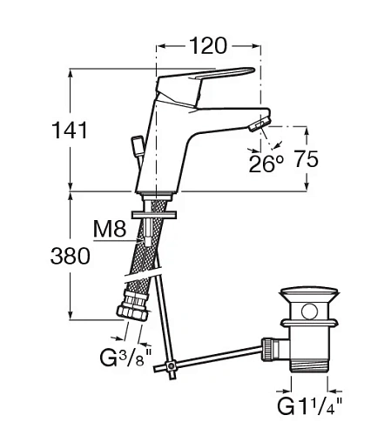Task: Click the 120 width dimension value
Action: (x=208, y=46)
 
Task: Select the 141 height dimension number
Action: (x=70, y=130)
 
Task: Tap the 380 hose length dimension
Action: (x=71, y=256)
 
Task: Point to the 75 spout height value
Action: (x=307, y=159)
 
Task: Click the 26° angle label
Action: (x=266, y=164)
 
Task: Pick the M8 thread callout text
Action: (x=110, y=229)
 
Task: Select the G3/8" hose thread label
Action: (x=125, y=358)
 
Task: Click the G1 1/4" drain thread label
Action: (x=310, y=406)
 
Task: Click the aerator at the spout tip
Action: (x=260, y=124)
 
